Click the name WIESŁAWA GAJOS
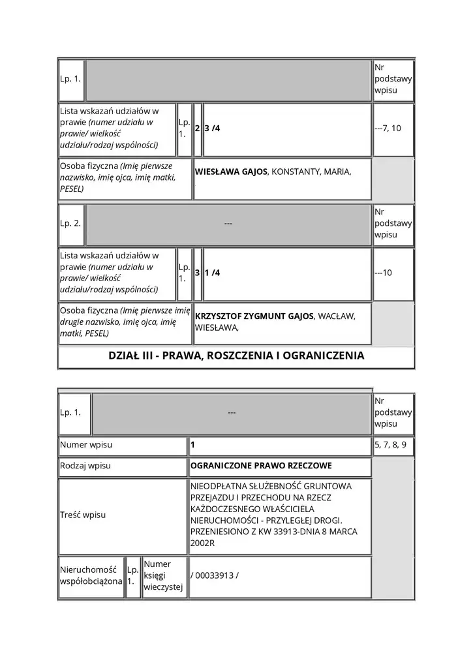click(232, 172)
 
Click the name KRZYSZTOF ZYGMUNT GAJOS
click(254, 316)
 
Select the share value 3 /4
click(212, 129)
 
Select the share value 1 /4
click(212, 273)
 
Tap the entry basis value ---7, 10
click(388, 129)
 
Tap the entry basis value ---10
click(384, 273)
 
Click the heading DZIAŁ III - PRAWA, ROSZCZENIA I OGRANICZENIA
click(236, 356)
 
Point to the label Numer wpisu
click(86, 445)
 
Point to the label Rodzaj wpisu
click(85, 466)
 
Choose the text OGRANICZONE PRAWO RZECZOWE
click(261, 466)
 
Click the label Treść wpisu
click(83, 515)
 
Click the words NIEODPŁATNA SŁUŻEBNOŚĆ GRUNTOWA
click(271, 487)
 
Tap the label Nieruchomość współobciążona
click(91, 575)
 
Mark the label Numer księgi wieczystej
click(157, 575)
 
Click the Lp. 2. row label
click(70, 224)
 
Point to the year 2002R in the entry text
click(202, 543)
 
